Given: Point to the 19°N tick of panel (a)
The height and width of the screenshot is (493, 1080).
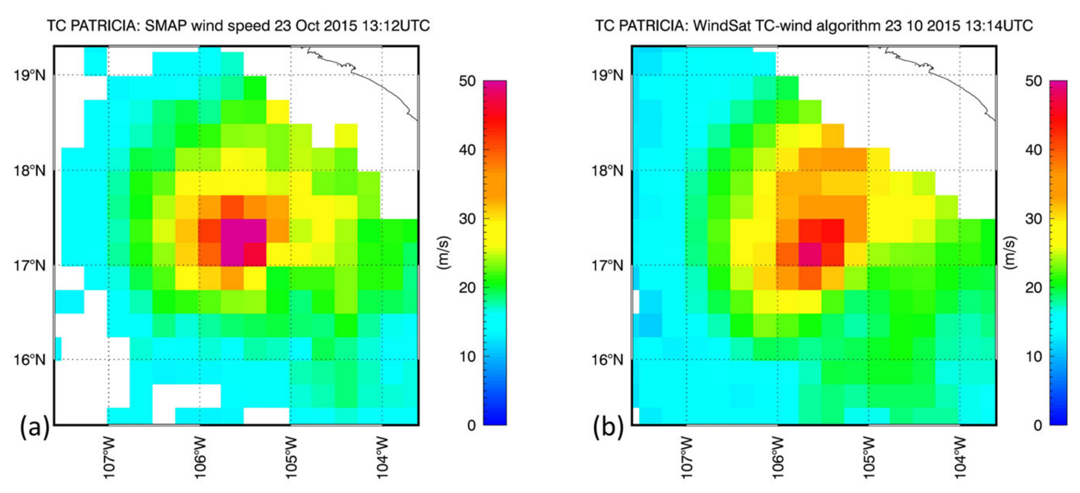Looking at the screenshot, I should (29, 75).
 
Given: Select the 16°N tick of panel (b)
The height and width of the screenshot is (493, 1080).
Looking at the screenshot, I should (607, 360).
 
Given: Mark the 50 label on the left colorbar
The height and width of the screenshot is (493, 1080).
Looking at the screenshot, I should (467, 81).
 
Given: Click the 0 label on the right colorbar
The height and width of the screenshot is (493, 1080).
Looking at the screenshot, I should (1038, 426).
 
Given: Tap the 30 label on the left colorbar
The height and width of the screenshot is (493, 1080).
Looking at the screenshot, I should (467, 219).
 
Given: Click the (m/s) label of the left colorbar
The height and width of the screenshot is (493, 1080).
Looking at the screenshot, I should (443, 253).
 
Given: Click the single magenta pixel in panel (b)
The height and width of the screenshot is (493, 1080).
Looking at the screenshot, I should (810, 254).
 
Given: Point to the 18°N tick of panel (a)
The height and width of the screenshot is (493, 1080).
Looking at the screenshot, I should (29, 171).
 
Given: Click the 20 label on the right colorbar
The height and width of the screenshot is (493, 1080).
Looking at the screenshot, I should (1033, 287).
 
